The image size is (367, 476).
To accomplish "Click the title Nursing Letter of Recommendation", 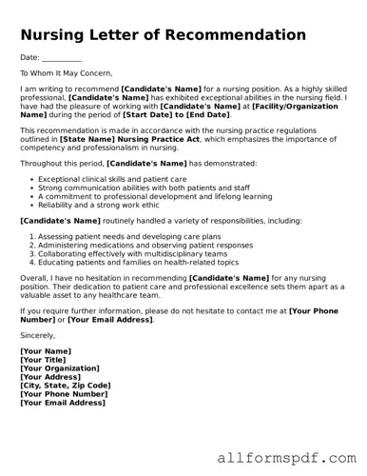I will click(163, 35).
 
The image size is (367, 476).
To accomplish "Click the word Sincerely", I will click(38, 335).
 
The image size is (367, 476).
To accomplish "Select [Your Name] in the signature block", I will click(46, 351).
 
